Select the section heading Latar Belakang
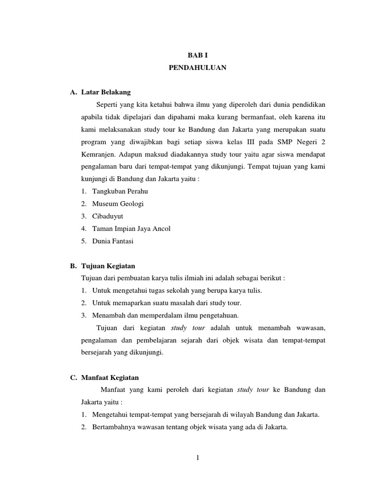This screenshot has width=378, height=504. (x=106, y=92)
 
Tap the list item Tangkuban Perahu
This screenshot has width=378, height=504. (x=120, y=191)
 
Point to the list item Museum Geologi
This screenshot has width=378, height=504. (x=118, y=203)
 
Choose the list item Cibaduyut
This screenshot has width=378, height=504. (x=108, y=216)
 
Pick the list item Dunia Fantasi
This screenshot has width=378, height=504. (x=113, y=241)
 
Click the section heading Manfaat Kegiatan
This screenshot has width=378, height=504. (x=110, y=378)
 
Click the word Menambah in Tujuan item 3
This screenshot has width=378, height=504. (x=107, y=315)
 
